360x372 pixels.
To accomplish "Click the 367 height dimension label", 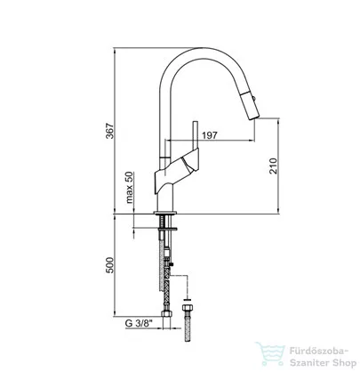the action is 109,131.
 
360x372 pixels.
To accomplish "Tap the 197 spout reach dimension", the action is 210,135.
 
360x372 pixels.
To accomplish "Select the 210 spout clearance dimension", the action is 273,166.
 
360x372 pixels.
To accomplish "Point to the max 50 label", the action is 130,188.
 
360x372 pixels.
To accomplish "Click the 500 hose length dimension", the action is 109,265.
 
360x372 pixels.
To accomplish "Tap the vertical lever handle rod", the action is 196,135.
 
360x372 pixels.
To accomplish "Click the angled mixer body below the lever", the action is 177,171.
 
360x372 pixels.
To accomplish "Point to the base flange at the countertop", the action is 165,213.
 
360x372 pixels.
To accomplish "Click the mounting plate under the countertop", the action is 168,229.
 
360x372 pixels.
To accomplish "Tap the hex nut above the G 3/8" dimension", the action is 167,314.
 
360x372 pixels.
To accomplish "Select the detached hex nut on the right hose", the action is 188,307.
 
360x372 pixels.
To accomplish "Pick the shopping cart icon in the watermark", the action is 270,354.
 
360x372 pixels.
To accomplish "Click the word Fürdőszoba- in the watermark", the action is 318,352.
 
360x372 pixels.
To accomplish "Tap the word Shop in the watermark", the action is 344,363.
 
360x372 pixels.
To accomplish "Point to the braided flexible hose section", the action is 167,295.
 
